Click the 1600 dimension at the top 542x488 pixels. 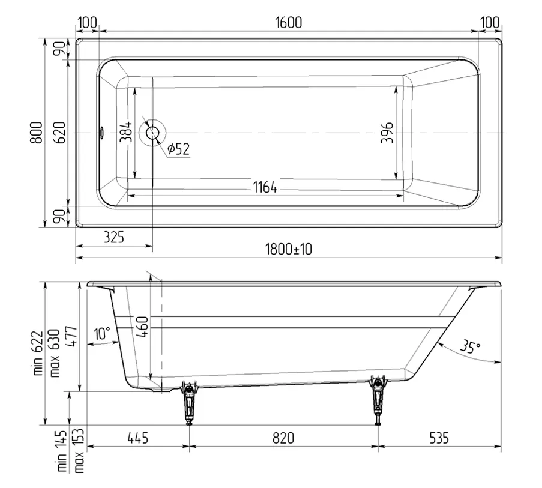click(x=288, y=23)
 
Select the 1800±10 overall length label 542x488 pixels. click(x=288, y=249)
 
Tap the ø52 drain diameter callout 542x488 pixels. click(x=179, y=149)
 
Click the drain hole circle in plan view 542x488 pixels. click(x=152, y=133)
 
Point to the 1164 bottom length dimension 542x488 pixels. click(x=265, y=187)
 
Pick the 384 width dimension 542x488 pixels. click(x=126, y=131)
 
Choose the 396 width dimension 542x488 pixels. click(x=387, y=133)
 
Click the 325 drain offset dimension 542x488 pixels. click(x=113, y=238)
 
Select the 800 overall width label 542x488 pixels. click(x=36, y=133)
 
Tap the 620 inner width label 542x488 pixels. click(x=60, y=133)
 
